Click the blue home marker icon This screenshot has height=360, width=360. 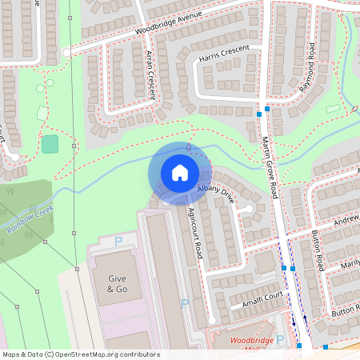pos(179,173)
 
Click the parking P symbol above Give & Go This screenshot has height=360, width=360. pos(118,241)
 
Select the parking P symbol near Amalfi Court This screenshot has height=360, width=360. pos(185,303)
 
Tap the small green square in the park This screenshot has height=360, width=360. pos(50,144)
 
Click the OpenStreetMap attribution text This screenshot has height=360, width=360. pos(80,354)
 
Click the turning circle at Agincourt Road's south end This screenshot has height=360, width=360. pos(211,321)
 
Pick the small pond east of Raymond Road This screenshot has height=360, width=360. pos(333,108)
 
